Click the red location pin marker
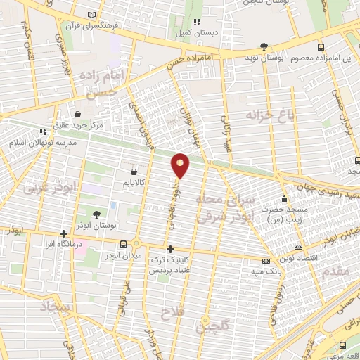coord(181,165)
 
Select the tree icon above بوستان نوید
coord(264,46)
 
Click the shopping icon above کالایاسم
coord(134,170)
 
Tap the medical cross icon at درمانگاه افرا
coord(64,233)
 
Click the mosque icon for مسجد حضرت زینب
coord(284,198)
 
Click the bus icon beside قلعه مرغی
coord(342,345)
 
